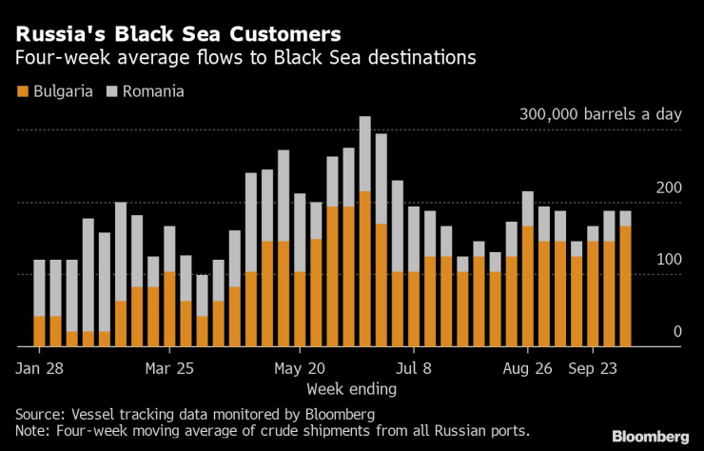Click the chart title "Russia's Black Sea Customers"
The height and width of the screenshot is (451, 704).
coord(176,33)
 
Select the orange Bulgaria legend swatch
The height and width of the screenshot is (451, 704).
coord(21,92)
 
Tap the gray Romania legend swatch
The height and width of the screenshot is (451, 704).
coord(112,92)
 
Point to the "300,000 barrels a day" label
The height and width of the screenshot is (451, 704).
coord(600,114)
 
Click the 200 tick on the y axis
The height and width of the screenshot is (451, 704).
coord(671,187)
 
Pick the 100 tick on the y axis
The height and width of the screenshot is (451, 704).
coord(671,260)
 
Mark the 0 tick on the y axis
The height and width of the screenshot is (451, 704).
coord(677,331)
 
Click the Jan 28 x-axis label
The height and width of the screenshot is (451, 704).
coord(41,368)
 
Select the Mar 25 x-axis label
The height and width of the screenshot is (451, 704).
coord(170,368)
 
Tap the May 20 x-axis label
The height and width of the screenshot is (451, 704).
coord(300,368)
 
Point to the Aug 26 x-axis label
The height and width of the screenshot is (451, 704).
coord(528,368)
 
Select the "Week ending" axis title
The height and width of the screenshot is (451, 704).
coord(352,389)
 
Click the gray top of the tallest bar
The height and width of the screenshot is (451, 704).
coord(364,152)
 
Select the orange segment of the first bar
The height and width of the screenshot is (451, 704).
coord(39,330)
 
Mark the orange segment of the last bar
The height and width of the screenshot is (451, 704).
coord(625,285)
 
